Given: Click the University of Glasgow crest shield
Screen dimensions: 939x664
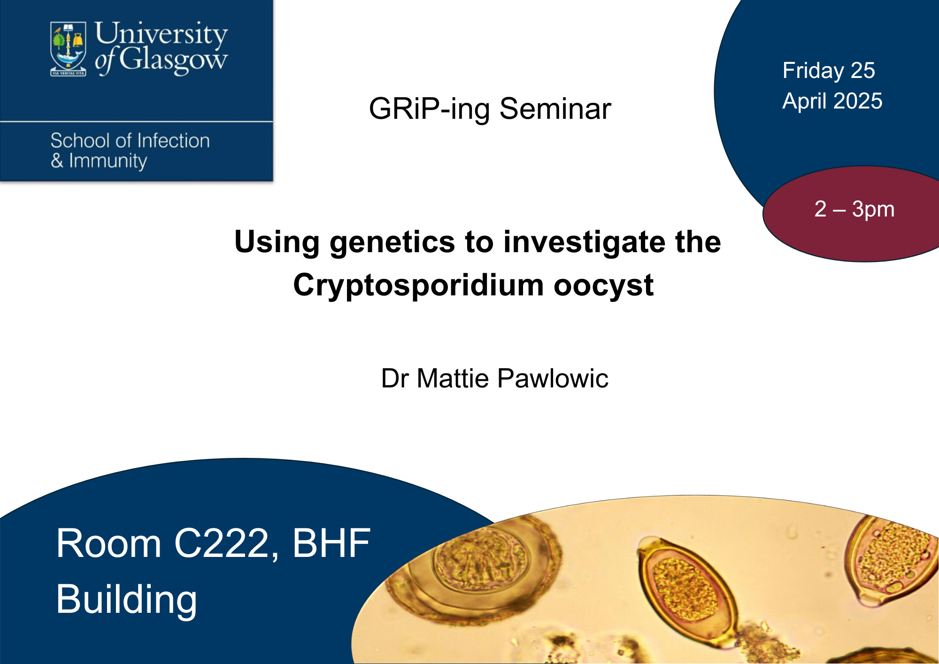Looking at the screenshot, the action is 68,48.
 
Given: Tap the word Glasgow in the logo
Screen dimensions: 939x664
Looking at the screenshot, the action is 173,61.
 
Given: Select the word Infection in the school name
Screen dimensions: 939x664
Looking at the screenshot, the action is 173,140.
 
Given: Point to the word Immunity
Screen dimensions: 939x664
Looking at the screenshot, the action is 108,161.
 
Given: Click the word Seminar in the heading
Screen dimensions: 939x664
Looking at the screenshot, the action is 555,109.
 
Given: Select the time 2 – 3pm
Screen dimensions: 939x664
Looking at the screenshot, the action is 854,209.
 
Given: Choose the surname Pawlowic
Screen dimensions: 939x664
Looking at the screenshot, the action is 553,378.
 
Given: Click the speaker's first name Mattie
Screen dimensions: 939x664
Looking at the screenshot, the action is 453,378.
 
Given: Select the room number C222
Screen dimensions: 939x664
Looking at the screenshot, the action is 228,544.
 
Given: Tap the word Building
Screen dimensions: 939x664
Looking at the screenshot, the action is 126,600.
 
